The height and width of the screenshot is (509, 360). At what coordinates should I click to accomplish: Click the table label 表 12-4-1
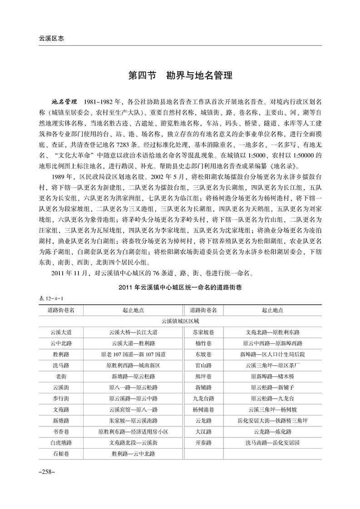click(52, 299)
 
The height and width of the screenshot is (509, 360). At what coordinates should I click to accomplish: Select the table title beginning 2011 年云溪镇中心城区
click(180, 289)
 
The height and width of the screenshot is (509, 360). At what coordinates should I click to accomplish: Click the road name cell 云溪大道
click(61, 333)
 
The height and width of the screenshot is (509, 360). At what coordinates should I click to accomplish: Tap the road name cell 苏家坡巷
click(204, 333)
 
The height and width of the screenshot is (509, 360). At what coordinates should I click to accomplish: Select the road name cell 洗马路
click(61, 365)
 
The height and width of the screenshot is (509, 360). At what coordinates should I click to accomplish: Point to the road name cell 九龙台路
click(204, 398)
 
